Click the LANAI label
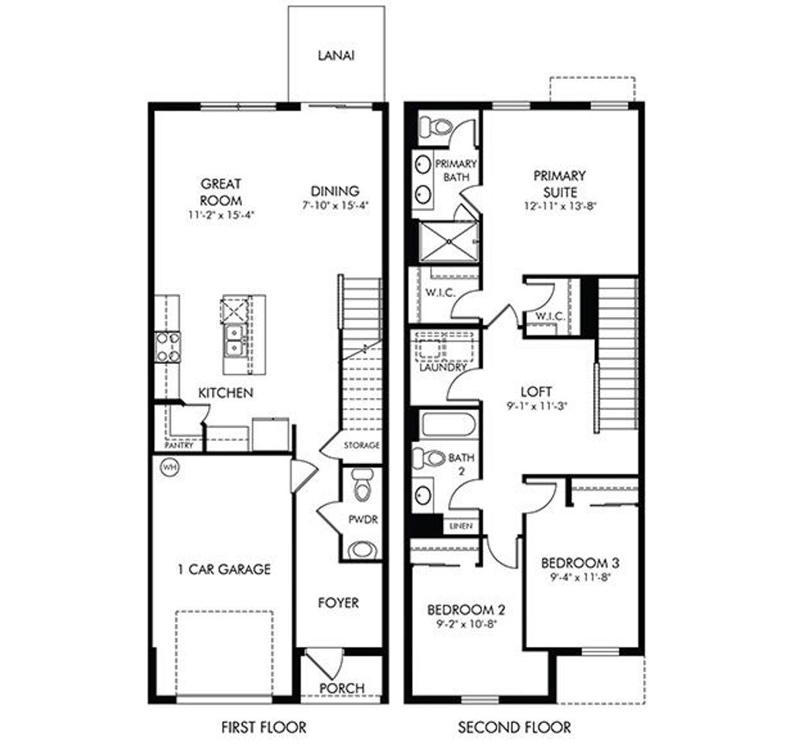click(336, 56)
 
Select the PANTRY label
click(179, 446)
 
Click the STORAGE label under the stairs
click(362, 445)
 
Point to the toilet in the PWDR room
click(360, 486)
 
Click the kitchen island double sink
click(235, 339)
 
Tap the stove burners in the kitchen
click(168, 346)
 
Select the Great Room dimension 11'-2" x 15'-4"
click(221, 215)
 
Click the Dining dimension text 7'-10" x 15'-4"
click(336, 206)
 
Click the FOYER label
click(339, 602)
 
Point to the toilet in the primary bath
click(439, 126)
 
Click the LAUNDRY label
click(443, 368)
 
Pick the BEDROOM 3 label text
click(579, 561)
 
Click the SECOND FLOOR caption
click(514, 727)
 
